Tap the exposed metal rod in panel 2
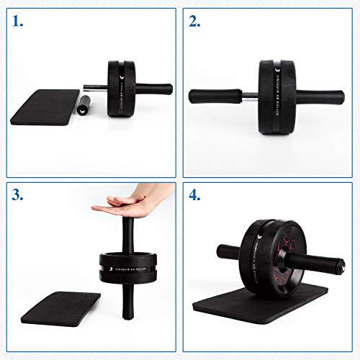tap(249, 94)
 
